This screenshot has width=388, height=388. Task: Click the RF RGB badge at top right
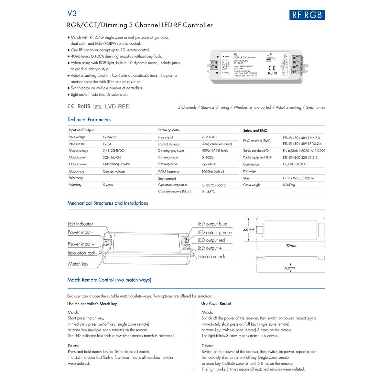307,15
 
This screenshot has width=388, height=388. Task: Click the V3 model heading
72,13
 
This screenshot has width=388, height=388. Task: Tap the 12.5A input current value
107,144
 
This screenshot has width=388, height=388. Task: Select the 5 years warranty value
108,185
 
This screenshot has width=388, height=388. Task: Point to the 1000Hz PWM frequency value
213,172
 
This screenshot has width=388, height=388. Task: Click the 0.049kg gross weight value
289,185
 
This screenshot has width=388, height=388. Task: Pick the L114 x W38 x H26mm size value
298,178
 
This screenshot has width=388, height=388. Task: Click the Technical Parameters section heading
89,120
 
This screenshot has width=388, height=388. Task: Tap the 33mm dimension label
248,230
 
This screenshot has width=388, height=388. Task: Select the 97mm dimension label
291,246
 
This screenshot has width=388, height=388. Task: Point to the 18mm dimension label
289,268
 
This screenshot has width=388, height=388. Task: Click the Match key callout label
78,264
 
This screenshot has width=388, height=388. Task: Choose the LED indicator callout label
80,224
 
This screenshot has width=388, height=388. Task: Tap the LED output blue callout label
213,224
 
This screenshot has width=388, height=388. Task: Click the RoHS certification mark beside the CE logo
84,106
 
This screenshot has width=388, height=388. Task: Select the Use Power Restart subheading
216,304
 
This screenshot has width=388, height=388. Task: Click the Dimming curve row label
168,164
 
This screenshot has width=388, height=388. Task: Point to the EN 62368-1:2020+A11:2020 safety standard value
304,151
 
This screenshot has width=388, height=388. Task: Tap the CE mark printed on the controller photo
272,68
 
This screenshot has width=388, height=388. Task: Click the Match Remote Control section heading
109,280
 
